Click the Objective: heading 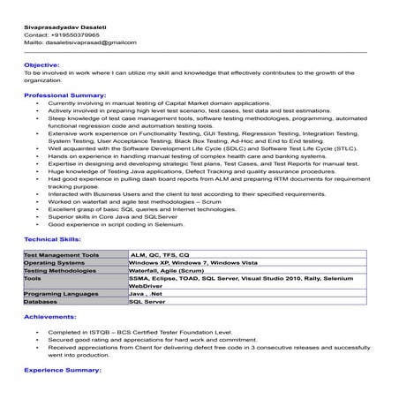coord(41,64)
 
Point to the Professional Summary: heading coord(64,94)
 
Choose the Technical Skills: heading coord(53,239)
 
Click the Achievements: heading coord(50,314)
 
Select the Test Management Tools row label coord(61,254)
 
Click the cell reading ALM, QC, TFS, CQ coord(160,254)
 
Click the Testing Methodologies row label coord(61,270)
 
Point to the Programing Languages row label coord(61,293)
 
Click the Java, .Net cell coord(146,293)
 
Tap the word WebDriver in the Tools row coord(146,285)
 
